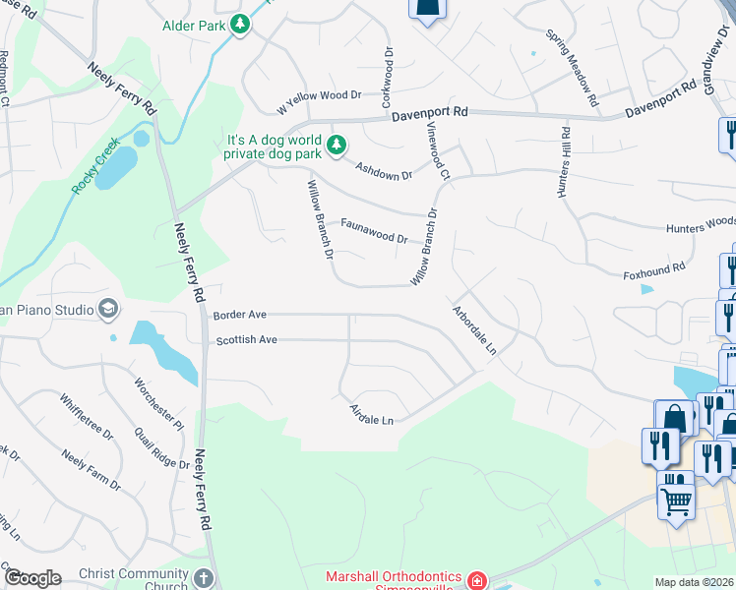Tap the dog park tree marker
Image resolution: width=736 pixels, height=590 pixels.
[337, 146]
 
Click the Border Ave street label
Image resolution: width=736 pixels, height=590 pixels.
[240, 316]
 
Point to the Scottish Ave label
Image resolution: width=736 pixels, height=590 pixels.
[247, 340]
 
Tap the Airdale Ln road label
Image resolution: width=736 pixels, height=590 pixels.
[372, 415]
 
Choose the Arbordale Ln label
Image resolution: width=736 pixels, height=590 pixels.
[474, 329]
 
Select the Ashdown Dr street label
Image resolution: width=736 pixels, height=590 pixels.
[384, 170]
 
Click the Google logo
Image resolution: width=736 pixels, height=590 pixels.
[32, 578]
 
